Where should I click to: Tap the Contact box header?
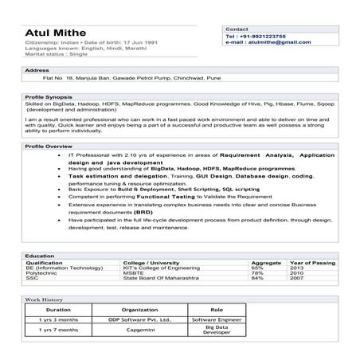[237, 28]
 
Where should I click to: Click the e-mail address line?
[268, 43]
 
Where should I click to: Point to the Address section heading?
[37, 70]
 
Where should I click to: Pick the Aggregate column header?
[267, 261]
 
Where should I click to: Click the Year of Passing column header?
[312, 261]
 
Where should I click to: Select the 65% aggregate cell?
[257, 267]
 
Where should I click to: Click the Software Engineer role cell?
[216, 319]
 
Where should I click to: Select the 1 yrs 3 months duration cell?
[59, 319]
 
